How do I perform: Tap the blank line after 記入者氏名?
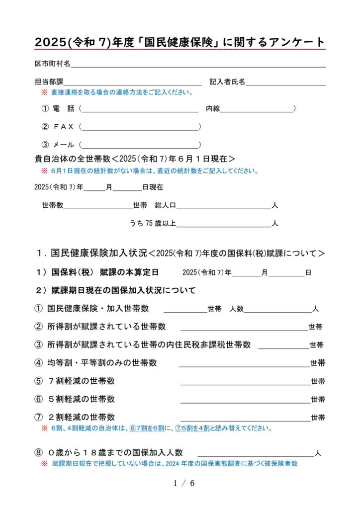tap(285, 82)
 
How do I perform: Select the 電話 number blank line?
tap(140, 109)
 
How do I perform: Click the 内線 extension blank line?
tap(257, 109)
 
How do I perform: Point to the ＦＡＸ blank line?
tap(140, 127)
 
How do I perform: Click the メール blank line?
tap(140, 145)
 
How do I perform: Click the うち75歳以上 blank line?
tap(224, 224)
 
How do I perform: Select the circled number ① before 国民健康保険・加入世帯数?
tap(38, 309)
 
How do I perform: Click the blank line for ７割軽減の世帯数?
tap(245, 382)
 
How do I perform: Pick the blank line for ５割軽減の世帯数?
tap(245, 400)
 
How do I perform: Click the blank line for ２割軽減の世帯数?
tap(245, 418)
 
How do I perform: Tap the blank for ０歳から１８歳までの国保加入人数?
tap(256, 454)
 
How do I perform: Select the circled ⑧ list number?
tap(38, 453)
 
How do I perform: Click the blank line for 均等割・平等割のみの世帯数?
tap(244, 363)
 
